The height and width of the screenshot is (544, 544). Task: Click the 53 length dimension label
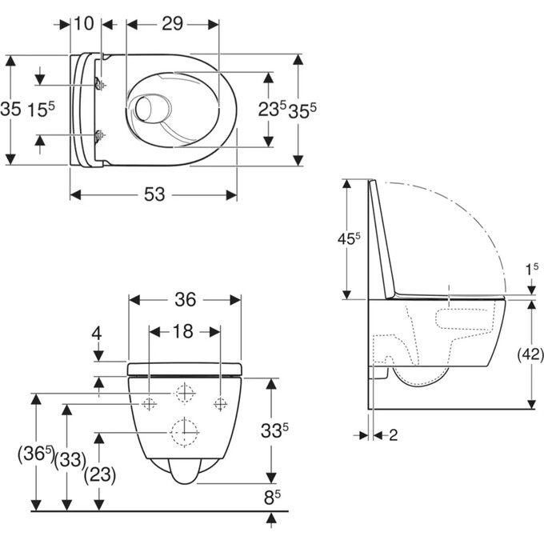154,194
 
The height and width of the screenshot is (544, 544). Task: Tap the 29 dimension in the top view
173,24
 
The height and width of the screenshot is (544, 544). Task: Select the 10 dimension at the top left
84,23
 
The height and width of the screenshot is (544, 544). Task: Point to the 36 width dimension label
186,299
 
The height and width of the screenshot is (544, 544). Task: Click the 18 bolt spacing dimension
183,332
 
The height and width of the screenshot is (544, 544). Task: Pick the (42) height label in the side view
530,354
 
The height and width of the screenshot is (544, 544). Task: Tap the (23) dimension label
100,474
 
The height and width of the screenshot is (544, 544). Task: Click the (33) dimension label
70,460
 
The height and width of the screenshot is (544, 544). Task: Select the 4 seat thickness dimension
97,334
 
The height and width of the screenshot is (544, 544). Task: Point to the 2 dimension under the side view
393,435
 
